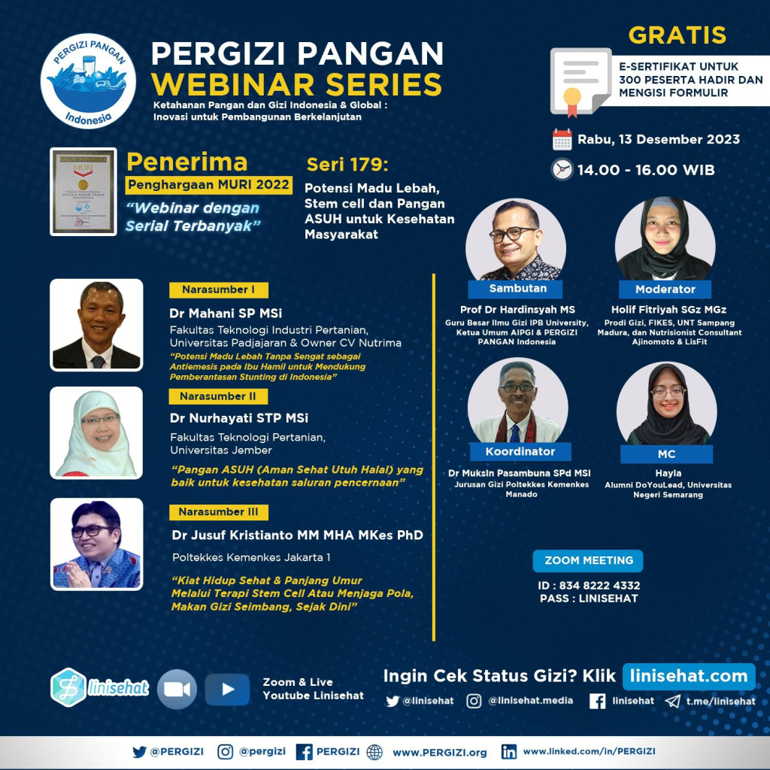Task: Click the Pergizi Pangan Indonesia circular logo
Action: (x=88, y=80)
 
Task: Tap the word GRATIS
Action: (x=677, y=35)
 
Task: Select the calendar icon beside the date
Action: (x=562, y=140)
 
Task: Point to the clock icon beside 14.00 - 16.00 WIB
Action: (x=562, y=170)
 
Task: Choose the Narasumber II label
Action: (x=217, y=396)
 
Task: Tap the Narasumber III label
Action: (x=218, y=512)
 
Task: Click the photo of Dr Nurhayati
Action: (x=96, y=433)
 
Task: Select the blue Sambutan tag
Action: (x=517, y=289)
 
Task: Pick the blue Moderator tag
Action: (x=665, y=289)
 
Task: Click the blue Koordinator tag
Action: (x=520, y=451)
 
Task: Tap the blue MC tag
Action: (x=666, y=454)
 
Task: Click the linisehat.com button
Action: (x=688, y=675)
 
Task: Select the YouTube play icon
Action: (x=227, y=689)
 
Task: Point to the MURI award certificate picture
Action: (x=83, y=191)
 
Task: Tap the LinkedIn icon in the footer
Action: (x=509, y=751)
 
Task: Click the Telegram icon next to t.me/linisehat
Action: (x=671, y=701)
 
